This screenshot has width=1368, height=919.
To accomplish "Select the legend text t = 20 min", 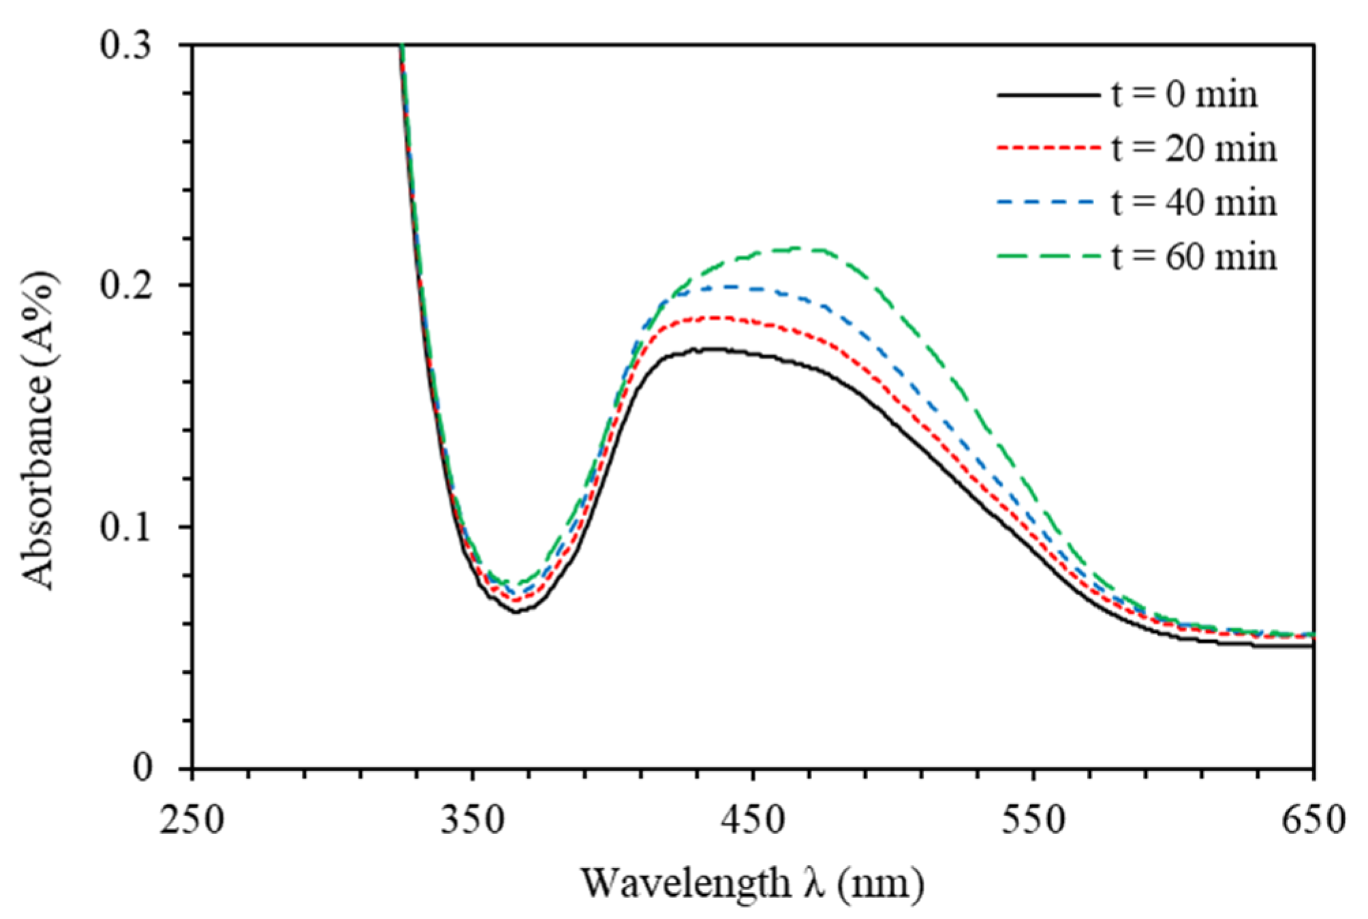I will (x=1194, y=149).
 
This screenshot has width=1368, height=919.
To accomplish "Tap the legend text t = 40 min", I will (x=1194, y=203).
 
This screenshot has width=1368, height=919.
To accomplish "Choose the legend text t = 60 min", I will (x=1194, y=258).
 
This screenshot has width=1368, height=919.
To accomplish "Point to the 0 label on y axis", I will (x=142, y=768).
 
